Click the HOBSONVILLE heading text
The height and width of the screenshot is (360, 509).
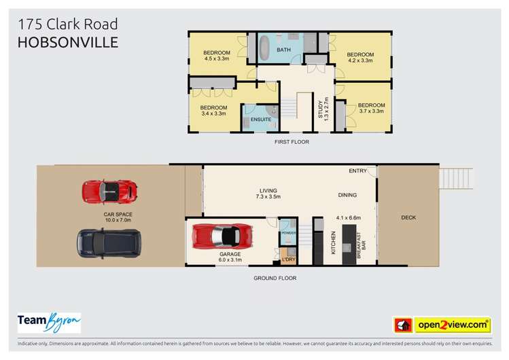pos(68,42)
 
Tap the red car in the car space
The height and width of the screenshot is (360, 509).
pos(109,192)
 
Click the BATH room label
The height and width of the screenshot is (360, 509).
pos(284,50)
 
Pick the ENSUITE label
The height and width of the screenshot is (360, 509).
pos(261,120)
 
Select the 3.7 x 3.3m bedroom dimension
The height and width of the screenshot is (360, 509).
pos(371,111)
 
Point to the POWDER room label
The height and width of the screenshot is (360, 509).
pos(289,234)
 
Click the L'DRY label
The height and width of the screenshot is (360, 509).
pos(288,259)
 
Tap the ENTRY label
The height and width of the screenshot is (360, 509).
pos(357,170)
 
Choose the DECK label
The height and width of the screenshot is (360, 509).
pos(408,218)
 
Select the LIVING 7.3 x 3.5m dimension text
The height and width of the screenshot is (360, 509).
pos(269,197)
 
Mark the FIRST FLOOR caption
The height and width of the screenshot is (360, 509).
pos(292,142)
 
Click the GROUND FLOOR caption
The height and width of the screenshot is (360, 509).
pos(275,278)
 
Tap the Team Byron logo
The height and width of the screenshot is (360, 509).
pos(49,323)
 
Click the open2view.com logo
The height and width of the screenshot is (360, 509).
pos(442,325)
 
